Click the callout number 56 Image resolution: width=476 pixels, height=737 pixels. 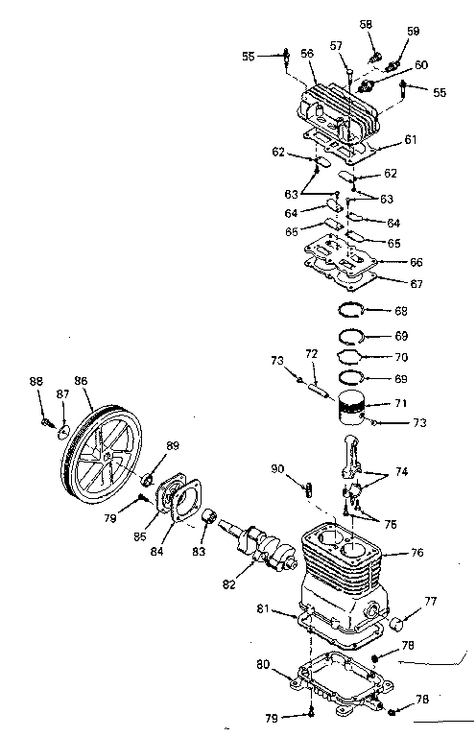pos(307,55)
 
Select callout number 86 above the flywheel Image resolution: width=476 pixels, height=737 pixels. pos(82,381)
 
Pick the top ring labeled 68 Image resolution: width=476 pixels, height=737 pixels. pos(351,310)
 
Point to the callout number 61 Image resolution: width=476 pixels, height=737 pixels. pos(410,140)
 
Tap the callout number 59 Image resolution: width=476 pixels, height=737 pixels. pos(414,31)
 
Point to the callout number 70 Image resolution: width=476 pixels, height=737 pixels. pos(401,357)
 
